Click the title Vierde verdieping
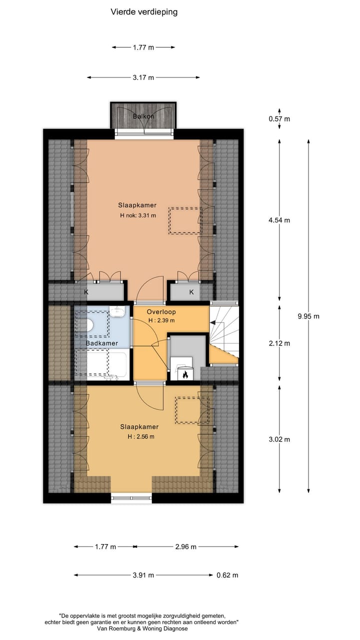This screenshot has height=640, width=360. [144, 12]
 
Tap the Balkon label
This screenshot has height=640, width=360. [143, 116]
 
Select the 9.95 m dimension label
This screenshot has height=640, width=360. [308, 316]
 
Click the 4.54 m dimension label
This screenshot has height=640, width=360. [279, 220]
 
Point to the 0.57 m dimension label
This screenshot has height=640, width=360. [279, 119]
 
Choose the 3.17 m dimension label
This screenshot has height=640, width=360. [143, 77]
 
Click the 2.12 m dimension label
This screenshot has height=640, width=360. [279, 343]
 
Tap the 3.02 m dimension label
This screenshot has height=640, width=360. [279, 439]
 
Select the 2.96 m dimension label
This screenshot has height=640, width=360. [185, 546]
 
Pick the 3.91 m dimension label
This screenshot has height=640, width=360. [143, 575]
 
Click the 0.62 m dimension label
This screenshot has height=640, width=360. [227, 575]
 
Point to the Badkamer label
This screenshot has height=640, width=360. [102, 343]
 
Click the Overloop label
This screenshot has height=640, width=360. [161, 312]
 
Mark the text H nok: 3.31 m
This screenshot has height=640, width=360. [138, 216]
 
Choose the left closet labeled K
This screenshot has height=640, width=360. [86, 291]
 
